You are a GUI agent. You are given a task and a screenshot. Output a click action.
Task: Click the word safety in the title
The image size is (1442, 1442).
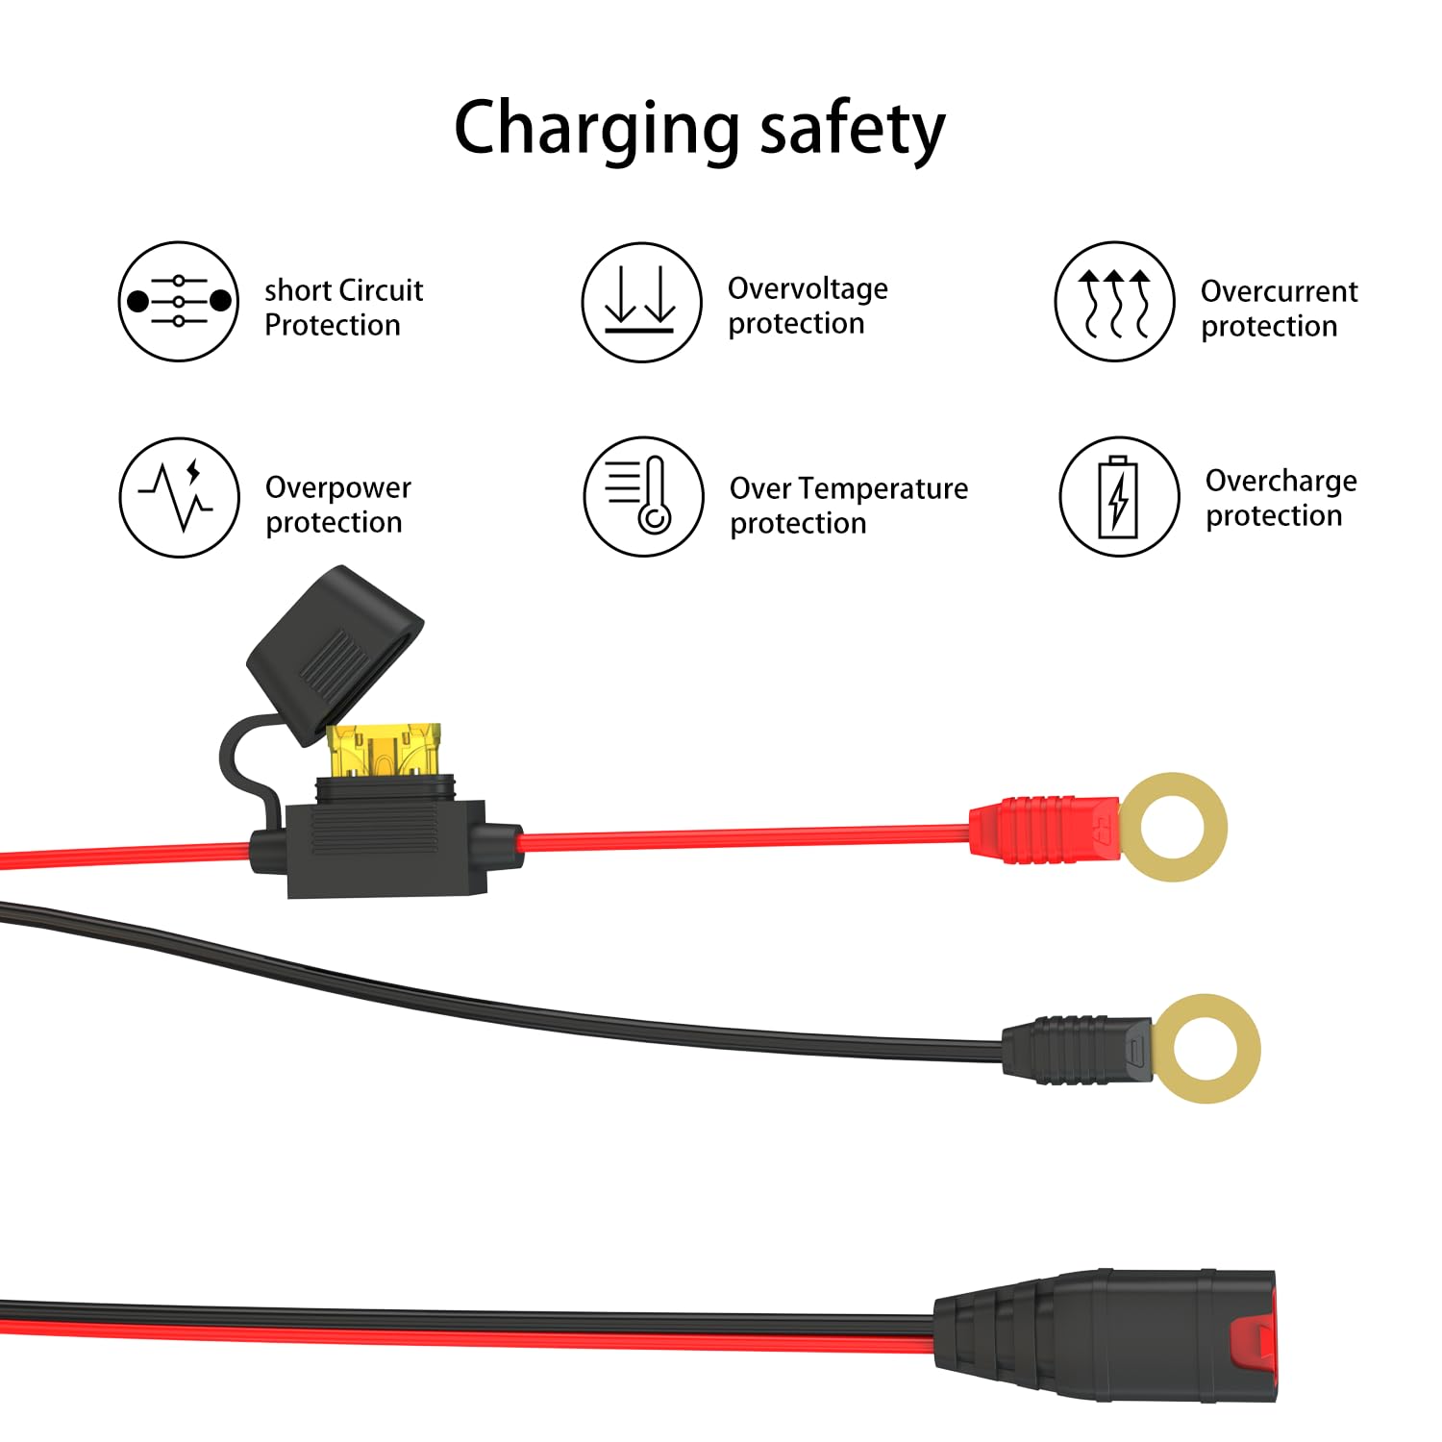[853, 130]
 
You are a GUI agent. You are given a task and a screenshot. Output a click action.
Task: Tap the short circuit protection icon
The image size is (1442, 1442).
[179, 302]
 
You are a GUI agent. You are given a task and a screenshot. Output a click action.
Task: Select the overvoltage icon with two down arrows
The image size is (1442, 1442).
[641, 302]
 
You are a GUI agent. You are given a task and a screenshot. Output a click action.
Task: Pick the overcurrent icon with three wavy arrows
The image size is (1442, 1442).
[1114, 302]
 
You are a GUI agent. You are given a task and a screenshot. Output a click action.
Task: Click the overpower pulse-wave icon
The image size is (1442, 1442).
[179, 497]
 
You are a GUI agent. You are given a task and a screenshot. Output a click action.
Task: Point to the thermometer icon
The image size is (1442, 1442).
[643, 496]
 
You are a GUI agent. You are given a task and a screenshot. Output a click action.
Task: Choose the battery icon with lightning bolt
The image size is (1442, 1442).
[1119, 497]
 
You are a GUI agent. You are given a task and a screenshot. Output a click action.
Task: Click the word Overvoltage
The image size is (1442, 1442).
[808, 288]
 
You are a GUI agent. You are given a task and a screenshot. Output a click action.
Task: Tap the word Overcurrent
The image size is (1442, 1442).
[1279, 291]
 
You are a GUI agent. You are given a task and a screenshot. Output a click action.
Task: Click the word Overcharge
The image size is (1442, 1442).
[1280, 481]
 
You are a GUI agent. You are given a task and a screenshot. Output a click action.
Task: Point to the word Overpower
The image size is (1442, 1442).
[337, 487]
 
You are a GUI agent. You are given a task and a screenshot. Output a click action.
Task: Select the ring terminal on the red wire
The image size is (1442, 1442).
[1174, 827]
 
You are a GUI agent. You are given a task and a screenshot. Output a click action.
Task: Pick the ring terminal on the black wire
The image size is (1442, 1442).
[1206, 1048]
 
